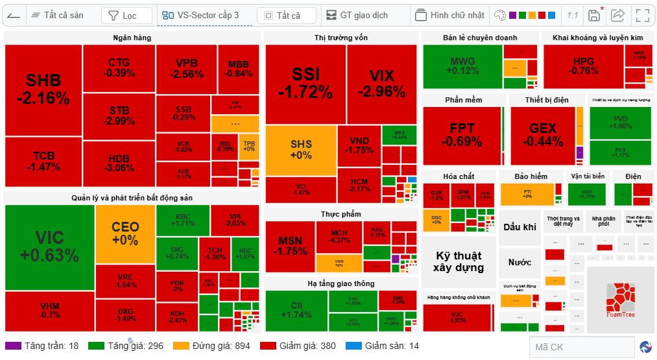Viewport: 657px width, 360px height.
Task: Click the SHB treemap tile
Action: coord(43,90)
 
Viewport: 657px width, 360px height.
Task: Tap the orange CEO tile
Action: coord(125,233)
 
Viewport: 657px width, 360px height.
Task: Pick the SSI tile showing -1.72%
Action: coord(305,83)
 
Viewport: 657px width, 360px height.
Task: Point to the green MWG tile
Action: coord(462,66)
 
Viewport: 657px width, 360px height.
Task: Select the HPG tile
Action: coord(583,66)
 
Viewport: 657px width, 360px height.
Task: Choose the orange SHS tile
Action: coord(300,150)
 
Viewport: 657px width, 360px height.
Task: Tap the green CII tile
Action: coord(296,309)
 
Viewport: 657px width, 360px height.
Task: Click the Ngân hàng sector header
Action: coord(132,38)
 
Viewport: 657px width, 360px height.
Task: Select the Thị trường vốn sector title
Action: coord(341,38)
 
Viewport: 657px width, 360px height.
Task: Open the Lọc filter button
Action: coord(127,15)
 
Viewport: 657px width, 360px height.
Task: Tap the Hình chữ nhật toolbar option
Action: coord(450,15)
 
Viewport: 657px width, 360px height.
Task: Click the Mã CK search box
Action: coord(580,347)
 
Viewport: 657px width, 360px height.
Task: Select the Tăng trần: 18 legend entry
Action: coord(44,346)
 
